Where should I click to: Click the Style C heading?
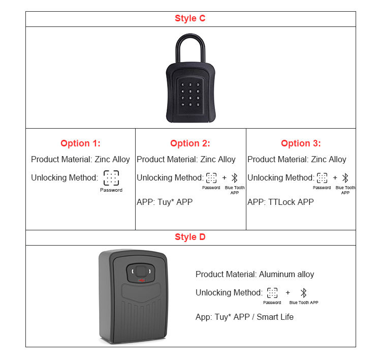click(x=190, y=19)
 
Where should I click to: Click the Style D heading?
click(x=190, y=237)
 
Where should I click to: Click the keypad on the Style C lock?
click(x=190, y=94)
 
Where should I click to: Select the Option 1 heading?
click(x=80, y=143)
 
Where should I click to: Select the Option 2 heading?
click(x=190, y=143)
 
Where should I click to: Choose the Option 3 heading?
click(x=301, y=143)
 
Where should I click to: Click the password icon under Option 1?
click(x=111, y=178)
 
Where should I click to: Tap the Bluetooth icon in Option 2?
click(x=235, y=178)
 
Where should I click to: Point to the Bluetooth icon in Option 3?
click(x=345, y=178)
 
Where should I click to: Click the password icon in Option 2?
click(x=211, y=178)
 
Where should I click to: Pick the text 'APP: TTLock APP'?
click(x=280, y=202)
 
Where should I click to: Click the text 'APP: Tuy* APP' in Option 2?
click(x=165, y=202)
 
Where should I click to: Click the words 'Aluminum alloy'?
click(x=287, y=274)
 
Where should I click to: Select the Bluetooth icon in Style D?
click(x=304, y=293)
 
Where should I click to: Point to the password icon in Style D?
click(x=272, y=293)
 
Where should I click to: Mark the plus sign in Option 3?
click(x=335, y=178)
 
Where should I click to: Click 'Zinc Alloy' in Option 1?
click(x=112, y=159)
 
